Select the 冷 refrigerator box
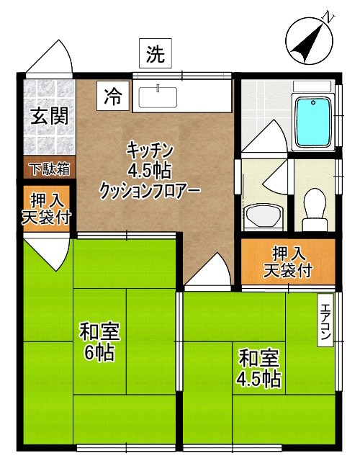click(x=113, y=96)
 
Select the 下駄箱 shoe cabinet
click(x=49, y=169)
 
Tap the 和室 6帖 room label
click(x=99, y=343)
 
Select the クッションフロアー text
click(x=150, y=191)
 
